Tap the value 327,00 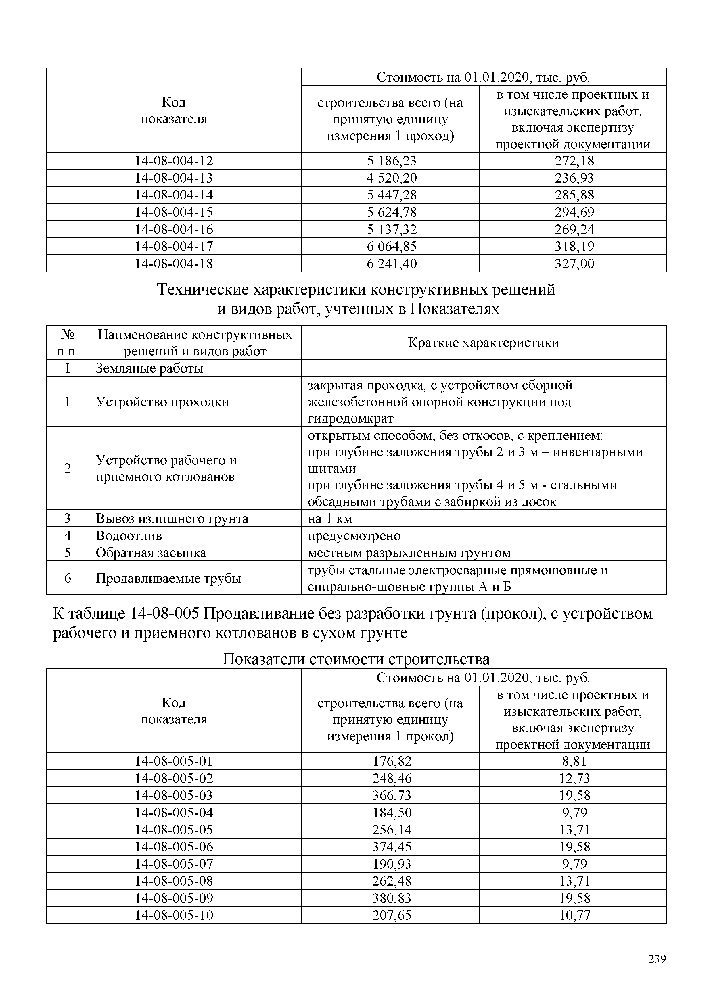(x=574, y=263)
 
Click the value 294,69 (x=574, y=212)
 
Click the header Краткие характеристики (x=483, y=342)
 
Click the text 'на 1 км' (x=330, y=519)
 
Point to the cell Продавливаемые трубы (x=168, y=578)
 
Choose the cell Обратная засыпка (x=151, y=552)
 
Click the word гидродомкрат (x=350, y=418)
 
